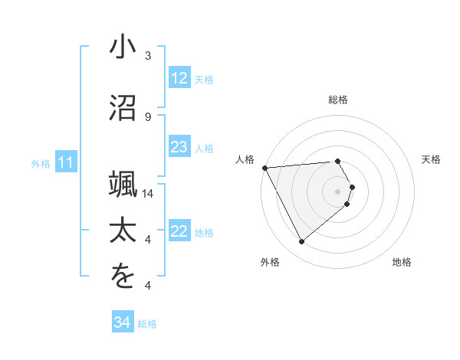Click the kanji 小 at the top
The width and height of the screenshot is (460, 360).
(x=123, y=47)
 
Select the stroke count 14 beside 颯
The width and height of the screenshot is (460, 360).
(x=148, y=194)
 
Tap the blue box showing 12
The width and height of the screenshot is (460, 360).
(x=179, y=79)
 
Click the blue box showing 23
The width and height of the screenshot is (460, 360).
(x=179, y=148)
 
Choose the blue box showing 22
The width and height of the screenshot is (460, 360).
(x=179, y=232)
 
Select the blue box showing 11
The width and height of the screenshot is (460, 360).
(x=66, y=162)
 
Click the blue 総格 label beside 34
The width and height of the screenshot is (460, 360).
(x=147, y=324)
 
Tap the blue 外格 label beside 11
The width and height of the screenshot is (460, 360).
(x=41, y=164)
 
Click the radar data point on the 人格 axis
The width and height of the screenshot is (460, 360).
(x=264, y=168)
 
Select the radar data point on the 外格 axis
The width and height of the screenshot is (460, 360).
(x=301, y=242)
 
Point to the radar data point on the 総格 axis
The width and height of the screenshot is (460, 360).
(x=337, y=161)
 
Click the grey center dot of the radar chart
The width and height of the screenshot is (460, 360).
(x=337, y=191)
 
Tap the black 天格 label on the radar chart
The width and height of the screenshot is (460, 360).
(x=432, y=159)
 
